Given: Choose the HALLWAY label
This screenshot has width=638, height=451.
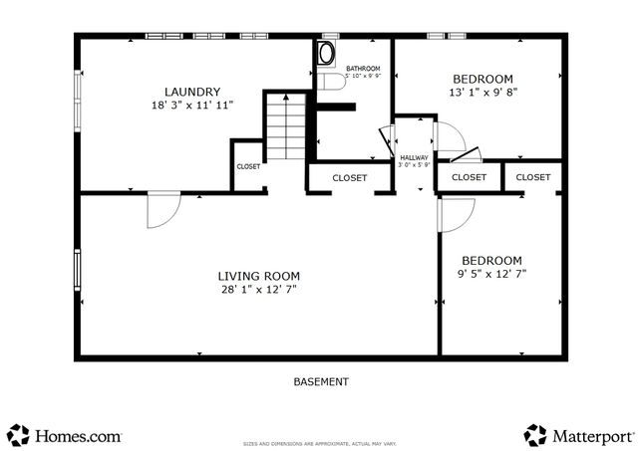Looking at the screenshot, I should [414, 157].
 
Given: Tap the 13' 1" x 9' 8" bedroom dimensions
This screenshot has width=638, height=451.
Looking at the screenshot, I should [482, 93].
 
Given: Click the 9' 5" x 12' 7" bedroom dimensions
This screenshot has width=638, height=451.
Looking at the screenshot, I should [491, 273].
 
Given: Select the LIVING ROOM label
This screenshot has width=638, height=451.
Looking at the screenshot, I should [258, 276].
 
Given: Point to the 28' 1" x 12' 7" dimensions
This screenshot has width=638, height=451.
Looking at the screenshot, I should [258, 289].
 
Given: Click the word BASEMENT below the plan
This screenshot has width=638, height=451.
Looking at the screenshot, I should [321, 381].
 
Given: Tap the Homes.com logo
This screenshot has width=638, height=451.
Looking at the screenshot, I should [65, 435].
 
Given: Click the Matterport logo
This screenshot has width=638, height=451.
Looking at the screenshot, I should [579, 435].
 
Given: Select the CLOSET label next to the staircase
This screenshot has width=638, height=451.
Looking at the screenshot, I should [248, 166].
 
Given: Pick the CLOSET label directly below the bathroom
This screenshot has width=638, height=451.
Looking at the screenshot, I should [349, 177].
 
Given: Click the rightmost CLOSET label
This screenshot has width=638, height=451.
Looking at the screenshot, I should [533, 177].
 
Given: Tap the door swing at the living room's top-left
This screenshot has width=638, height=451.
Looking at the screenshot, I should [162, 209].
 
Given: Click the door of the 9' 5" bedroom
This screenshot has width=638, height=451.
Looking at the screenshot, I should [456, 214].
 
